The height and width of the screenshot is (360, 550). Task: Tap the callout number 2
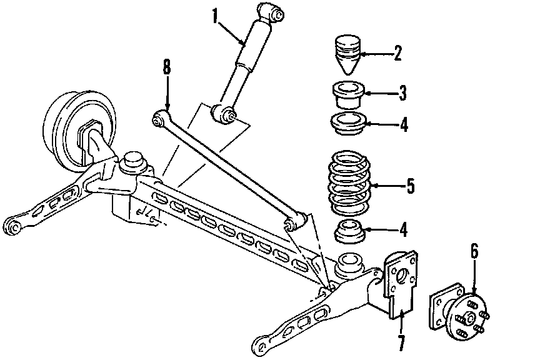click(x=397, y=53)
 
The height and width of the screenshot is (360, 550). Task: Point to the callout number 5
click(x=411, y=185)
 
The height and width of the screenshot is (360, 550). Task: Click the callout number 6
click(x=474, y=251)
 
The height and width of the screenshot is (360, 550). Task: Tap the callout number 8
click(x=166, y=67)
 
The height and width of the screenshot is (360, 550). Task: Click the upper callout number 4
click(x=404, y=125)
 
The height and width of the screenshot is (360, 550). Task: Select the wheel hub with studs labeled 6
click(x=460, y=312)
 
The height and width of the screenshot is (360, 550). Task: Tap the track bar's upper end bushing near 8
click(x=161, y=116)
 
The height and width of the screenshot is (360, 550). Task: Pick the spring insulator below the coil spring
click(x=348, y=232)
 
